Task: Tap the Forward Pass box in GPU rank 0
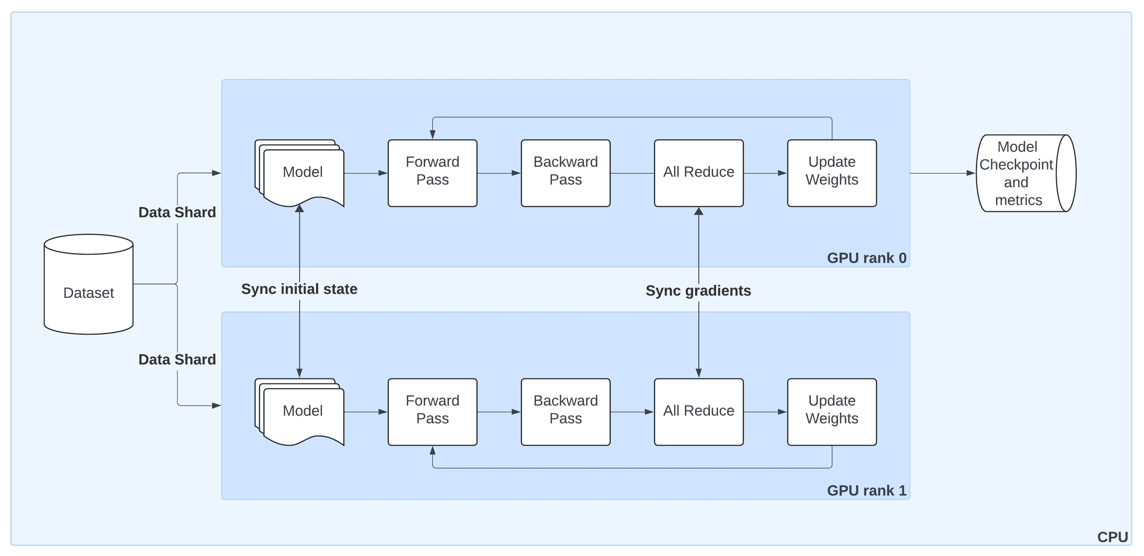click(x=432, y=173)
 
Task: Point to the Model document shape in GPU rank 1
click(x=302, y=412)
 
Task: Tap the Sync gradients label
click(x=698, y=291)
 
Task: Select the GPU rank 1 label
click(x=866, y=491)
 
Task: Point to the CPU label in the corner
click(x=1112, y=537)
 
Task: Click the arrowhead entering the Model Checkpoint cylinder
click(x=971, y=173)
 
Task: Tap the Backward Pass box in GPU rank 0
click(x=565, y=173)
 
